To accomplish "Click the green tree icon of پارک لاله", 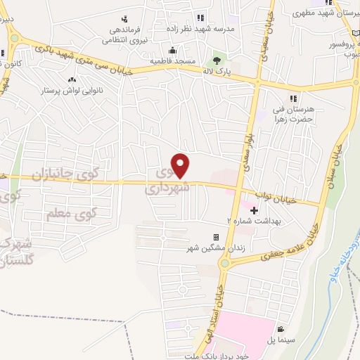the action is point(217,60).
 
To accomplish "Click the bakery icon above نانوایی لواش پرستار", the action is point(71,79).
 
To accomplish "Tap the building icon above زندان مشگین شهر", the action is point(217,238).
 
